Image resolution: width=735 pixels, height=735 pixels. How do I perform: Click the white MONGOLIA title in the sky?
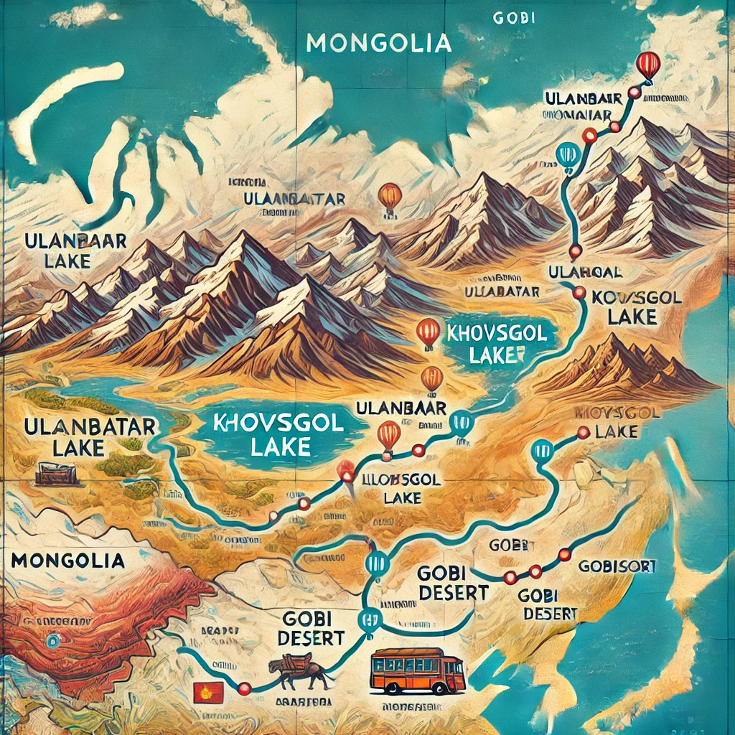click(378, 44)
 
